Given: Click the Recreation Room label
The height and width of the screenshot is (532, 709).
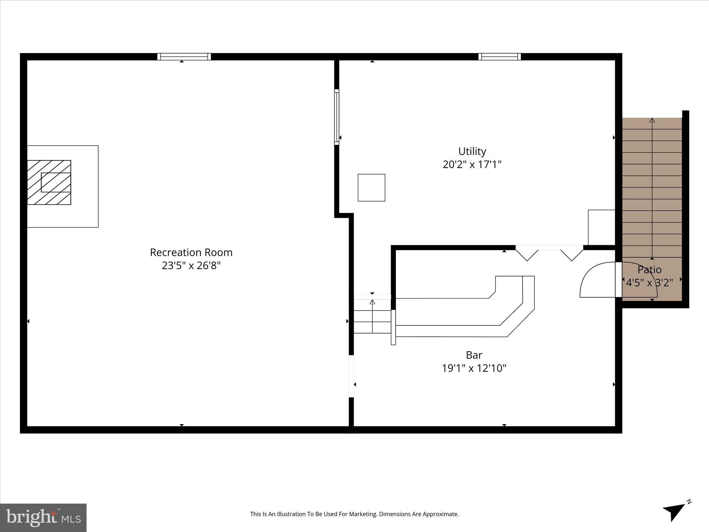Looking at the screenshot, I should click(191, 252).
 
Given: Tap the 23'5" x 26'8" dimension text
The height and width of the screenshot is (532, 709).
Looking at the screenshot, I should click(191, 266).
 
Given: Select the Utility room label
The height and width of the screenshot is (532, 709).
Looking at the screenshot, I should click(472, 151).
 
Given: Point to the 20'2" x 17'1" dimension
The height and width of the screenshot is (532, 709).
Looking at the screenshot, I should click(472, 165).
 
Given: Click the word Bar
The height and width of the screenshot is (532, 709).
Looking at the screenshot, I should click(474, 355).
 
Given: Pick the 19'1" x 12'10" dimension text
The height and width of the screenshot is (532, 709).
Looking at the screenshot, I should click(474, 368).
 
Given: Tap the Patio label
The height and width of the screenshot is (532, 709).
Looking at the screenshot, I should click(649, 269).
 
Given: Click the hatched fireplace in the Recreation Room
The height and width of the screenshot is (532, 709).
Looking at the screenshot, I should click(49, 182).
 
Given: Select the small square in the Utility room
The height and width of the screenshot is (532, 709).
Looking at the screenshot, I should click(371, 187).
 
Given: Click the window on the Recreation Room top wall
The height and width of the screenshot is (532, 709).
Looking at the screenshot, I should click(184, 56).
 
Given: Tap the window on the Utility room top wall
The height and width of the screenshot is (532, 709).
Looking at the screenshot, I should click(500, 56).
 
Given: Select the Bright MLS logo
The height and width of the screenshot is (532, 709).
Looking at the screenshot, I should click(43, 517).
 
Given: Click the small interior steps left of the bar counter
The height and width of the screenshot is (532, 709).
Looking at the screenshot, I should click(372, 316).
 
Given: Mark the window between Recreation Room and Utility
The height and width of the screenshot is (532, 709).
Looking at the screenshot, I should click(336, 117).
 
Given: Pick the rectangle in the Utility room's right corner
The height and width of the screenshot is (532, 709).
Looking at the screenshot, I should click(601, 227).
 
